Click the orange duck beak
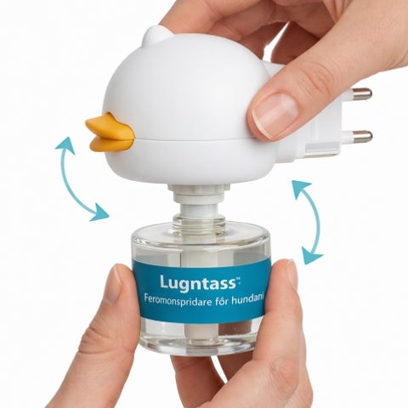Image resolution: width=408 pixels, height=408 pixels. pos(110,133)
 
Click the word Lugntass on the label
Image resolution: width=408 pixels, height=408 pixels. pos(197,283)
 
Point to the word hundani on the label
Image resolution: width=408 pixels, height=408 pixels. pos(248,299)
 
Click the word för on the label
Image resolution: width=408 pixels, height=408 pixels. pos(222,300)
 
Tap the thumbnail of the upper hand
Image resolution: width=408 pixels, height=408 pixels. pos(275,113)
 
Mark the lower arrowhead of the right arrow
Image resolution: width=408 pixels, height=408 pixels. pos(311,255)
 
